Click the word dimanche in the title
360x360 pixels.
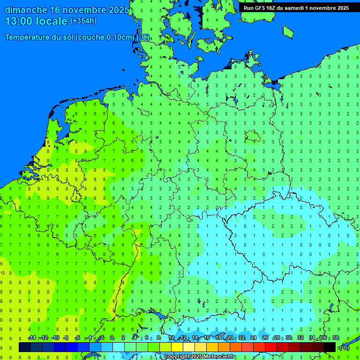(x=25, y=10)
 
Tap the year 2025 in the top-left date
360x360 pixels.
(x=119, y=10)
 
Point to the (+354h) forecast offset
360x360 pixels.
(x=83, y=21)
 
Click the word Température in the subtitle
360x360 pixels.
(x=29, y=37)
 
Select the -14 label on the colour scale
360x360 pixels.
(x=32, y=338)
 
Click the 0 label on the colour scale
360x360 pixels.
(x=112, y=338)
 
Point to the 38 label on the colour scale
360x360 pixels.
(x=335, y=338)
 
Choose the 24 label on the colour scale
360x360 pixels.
(x=254, y=338)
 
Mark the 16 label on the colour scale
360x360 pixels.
(x=207, y=338)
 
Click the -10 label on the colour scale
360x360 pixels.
(x=55, y=338)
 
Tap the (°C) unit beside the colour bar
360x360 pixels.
(x=344, y=347)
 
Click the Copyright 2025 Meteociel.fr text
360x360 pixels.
(x=199, y=357)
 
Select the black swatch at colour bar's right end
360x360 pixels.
(x=330, y=347)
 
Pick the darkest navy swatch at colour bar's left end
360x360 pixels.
(x=25, y=347)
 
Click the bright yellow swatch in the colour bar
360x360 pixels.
(x=177, y=347)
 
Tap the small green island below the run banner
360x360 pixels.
(x=288, y=31)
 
